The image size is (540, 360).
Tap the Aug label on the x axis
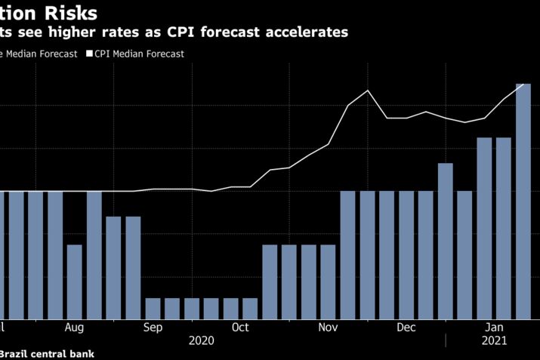pos(74,328)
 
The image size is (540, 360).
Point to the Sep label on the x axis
pos(153,328)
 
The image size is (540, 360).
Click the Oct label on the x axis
pos(240,328)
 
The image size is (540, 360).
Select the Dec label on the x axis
pos(406,328)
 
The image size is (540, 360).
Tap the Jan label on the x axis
pos(495,328)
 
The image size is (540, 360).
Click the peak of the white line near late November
pos(368,91)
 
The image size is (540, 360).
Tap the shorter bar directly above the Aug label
pos(74,282)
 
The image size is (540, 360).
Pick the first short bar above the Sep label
pos(153,308)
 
